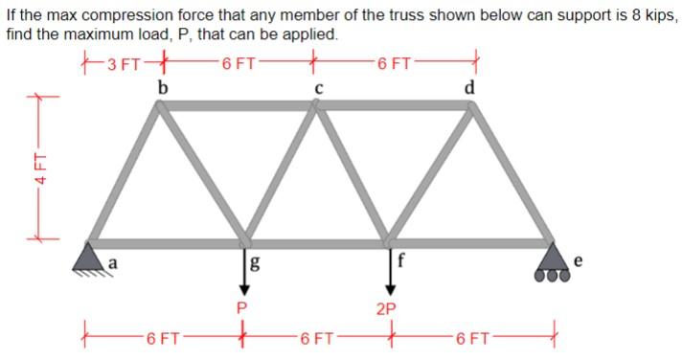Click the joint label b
tap(163, 88)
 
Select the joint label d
tap(468, 88)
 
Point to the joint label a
tap(112, 260)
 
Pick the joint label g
tap(255, 264)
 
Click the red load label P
tap(241, 307)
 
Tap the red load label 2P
tap(388, 309)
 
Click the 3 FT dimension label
tap(125, 65)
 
